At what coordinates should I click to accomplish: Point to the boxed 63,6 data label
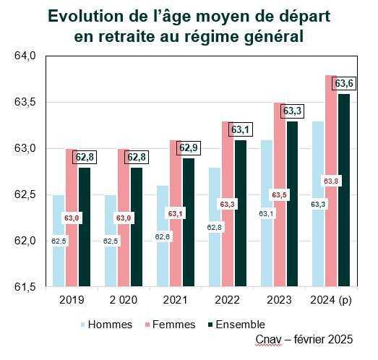(343, 84)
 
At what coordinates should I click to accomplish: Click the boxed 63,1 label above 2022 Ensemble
(239, 130)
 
